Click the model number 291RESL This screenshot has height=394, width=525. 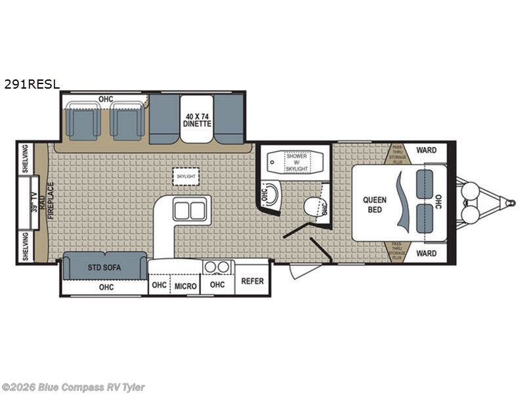point(31,84)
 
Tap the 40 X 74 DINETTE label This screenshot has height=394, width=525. point(197,119)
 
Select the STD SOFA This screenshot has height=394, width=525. point(105,267)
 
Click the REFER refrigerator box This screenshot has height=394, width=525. point(252,282)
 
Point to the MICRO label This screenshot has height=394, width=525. point(185,286)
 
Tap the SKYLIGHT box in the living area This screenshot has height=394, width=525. point(186,177)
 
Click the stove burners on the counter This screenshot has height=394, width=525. point(219,267)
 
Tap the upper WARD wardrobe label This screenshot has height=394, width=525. point(427,150)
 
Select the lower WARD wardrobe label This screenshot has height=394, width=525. point(427,253)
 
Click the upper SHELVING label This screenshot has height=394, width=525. point(25,158)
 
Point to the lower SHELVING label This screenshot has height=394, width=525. point(25,247)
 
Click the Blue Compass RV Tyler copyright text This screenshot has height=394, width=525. point(73,387)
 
